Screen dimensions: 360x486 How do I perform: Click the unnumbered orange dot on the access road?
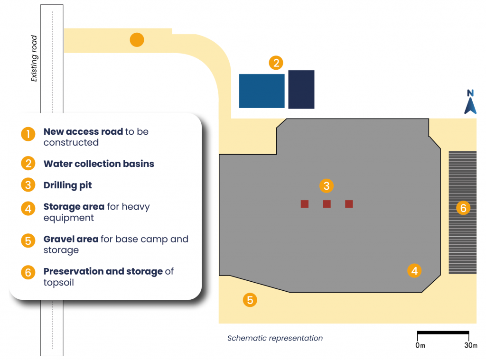[x=137, y=40]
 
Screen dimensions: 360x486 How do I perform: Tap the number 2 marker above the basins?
[x=276, y=63]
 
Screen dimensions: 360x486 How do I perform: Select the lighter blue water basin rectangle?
[x=262, y=91]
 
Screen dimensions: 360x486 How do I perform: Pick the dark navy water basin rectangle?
[x=301, y=89]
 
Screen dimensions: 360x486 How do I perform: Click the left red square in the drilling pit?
[x=305, y=204]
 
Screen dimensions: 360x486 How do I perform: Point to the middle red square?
[x=327, y=204]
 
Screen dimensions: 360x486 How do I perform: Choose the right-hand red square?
[x=349, y=204]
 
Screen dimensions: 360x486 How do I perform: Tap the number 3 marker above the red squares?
[x=326, y=185]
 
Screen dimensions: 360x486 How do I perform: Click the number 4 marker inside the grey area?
[x=414, y=270]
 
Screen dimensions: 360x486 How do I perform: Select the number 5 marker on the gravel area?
[x=250, y=300]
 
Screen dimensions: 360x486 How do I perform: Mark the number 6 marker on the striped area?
[x=463, y=207]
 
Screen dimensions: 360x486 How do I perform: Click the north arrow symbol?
[x=470, y=102]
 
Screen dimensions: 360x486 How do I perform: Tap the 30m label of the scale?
[x=471, y=345]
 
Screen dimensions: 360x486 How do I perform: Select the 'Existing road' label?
[x=34, y=59]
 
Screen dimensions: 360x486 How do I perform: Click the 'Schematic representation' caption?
[x=275, y=338]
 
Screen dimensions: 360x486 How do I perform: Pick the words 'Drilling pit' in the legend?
[x=67, y=185]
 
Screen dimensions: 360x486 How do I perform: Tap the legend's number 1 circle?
[x=28, y=134]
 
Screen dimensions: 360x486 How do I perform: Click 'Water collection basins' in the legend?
[x=99, y=164]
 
